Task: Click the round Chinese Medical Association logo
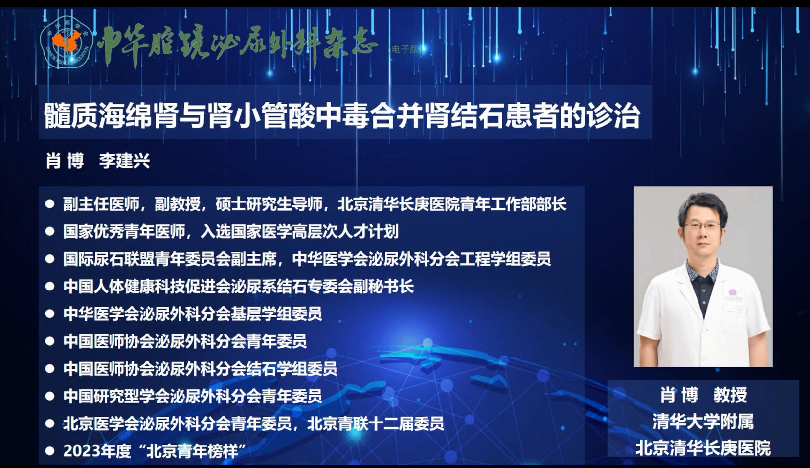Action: coord(67,42)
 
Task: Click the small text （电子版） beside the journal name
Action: coord(405,49)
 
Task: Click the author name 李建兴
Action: coord(124,160)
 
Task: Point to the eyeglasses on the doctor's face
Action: coord(701,226)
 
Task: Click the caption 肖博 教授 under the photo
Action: coord(703,395)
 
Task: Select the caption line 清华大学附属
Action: coord(703,422)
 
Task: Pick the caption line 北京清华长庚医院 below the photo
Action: coord(703,448)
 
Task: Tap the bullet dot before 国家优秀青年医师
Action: coord(50,231)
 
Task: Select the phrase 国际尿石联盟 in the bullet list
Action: coord(109,259)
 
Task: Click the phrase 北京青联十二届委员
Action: coord(375,423)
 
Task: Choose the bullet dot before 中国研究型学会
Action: coord(50,396)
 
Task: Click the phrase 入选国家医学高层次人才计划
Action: coord(299,231)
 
